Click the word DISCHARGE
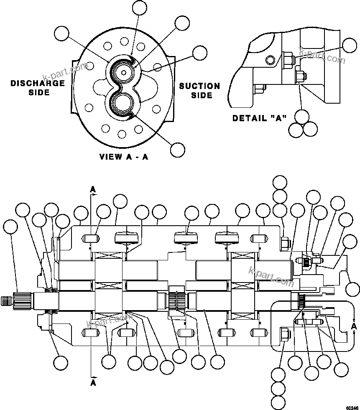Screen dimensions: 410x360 pos(38,83)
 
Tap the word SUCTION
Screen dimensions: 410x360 pos(199,86)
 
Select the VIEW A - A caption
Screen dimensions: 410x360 pos(124,157)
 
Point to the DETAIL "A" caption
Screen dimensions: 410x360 pos(259,118)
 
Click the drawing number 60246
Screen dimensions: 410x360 pos(352,406)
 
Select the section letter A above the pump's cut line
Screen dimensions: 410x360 pos(93,190)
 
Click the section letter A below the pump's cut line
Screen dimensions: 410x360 pos(93,382)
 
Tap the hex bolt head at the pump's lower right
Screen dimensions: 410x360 pos(284,334)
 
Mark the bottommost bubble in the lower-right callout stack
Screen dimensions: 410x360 pos(279,402)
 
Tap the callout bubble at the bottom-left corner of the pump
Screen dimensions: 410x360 pos(61,362)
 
